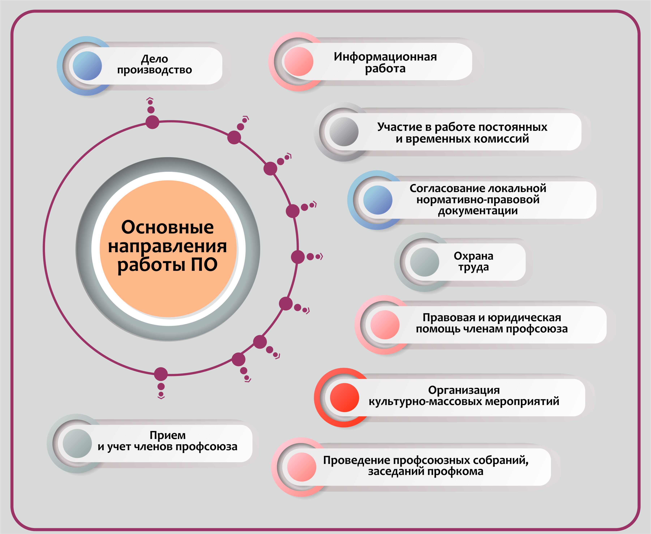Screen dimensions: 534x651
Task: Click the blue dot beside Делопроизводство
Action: (x=87, y=66)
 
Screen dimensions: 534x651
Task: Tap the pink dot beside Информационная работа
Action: (x=299, y=62)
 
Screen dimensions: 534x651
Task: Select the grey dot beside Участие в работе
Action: (x=344, y=132)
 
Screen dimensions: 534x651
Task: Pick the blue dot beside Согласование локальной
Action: (x=378, y=200)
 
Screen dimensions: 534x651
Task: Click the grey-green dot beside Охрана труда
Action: (x=425, y=262)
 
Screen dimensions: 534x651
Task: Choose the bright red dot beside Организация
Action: (x=344, y=397)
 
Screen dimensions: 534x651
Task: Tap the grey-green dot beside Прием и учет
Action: (x=77, y=443)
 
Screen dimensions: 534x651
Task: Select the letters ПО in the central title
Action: (x=204, y=264)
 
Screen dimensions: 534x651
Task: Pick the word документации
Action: (x=478, y=211)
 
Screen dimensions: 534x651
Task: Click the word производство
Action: (x=155, y=70)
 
